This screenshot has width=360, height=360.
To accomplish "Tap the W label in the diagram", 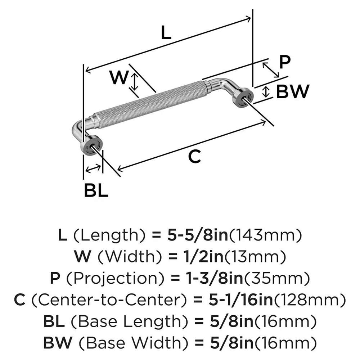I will [x=119, y=77].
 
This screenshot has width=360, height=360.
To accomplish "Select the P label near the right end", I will [x=285, y=62].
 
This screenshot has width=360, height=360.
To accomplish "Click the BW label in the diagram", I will [x=293, y=92].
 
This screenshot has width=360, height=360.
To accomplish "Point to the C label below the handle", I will [x=194, y=157].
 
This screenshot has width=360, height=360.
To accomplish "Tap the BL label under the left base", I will [x=96, y=190].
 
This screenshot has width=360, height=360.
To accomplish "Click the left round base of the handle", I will [x=91, y=145].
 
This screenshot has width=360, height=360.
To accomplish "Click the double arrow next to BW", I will [x=266, y=91].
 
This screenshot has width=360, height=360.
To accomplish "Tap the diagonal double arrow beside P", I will [x=271, y=70].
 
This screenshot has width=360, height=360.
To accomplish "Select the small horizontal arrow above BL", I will [x=93, y=167].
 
